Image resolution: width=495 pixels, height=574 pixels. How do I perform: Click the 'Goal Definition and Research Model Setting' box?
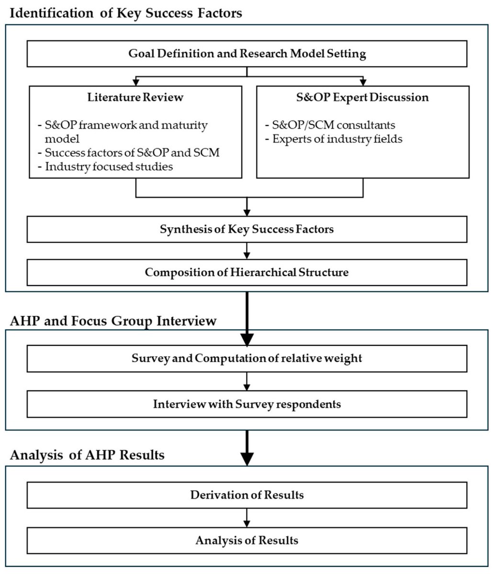(x=247, y=54)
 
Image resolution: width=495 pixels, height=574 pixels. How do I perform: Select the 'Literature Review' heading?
(x=135, y=98)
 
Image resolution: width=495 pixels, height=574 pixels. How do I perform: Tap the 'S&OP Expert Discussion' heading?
(x=362, y=98)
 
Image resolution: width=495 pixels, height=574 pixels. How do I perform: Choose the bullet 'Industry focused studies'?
(x=109, y=167)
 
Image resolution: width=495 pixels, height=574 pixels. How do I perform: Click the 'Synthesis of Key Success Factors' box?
(x=247, y=229)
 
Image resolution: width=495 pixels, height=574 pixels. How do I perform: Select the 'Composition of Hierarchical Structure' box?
(x=247, y=273)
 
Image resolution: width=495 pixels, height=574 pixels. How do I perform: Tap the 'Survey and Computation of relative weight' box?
(x=247, y=359)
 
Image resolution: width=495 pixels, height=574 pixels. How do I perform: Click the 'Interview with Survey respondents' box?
(x=247, y=404)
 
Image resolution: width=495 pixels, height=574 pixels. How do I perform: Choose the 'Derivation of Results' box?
(x=247, y=495)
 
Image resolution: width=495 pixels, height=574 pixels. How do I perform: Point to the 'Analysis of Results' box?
(x=247, y=541)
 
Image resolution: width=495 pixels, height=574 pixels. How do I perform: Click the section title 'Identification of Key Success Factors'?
(x=126, y=13)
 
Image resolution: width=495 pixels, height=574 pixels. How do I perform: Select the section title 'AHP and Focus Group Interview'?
(x=113, y=321)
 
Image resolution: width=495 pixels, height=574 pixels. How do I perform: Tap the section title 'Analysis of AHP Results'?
(x=87, y=455)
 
